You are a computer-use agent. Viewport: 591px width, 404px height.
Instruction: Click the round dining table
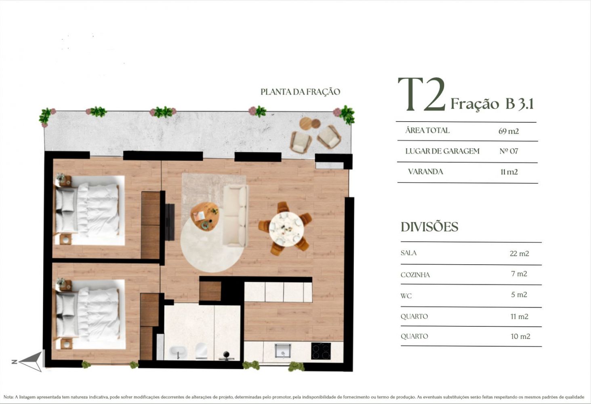coord(286,229)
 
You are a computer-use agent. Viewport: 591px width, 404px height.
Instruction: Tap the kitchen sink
coord(282,351)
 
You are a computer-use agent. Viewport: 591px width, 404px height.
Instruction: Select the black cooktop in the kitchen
coord(321,351)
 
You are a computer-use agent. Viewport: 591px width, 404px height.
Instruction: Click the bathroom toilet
coord(201,351)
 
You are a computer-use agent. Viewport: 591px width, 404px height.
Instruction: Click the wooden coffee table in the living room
coord(205,217)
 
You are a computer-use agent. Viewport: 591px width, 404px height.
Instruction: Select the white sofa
coord(236,216)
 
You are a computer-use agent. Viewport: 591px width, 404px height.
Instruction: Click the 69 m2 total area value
coord(509,131)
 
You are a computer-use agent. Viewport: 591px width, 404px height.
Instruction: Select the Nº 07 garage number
coord(509,151)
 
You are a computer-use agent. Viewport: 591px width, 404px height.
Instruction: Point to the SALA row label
coord(408,253)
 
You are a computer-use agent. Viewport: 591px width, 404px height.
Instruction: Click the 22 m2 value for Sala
coord(519,254)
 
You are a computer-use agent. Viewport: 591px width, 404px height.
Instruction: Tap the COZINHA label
coord(415,275)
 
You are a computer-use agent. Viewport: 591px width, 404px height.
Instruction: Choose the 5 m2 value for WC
coord(519,295)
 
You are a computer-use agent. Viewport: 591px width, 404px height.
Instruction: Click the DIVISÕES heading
coord(429,227)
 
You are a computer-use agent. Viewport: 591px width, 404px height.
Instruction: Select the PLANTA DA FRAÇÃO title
coord(300,92)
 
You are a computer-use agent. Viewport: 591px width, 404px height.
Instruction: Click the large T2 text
coord(421,94)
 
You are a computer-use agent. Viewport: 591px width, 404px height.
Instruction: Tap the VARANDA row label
coord(425,172)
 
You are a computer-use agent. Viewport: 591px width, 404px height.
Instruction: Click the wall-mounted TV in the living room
coord(170,222)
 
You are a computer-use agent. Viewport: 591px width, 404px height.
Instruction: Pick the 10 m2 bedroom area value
coord(520,337)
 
